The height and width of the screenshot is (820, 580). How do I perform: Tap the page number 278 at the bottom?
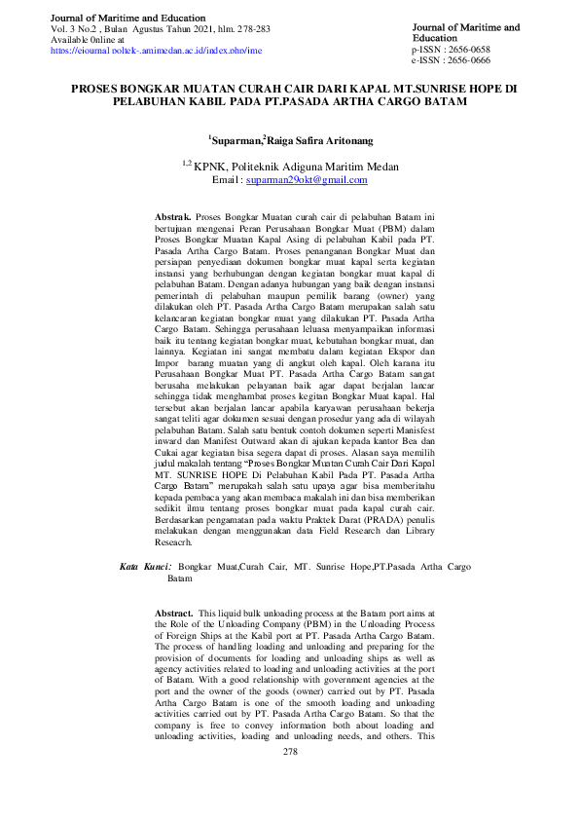tap(289, 753)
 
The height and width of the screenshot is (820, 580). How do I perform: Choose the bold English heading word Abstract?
tap(173, 613)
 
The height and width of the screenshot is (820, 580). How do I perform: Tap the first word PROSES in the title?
tap(97, 88)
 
